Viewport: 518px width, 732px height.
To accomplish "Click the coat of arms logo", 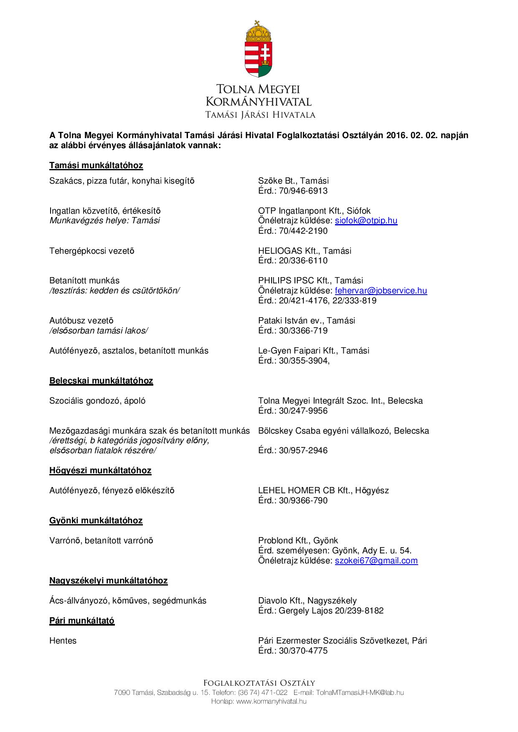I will (x=259, y=49).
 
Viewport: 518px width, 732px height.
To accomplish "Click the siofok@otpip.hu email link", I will (x=366, y=221).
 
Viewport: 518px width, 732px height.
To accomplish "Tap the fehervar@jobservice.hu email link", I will (x=381, y=290).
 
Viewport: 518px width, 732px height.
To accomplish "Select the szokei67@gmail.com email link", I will (x=376, y=560).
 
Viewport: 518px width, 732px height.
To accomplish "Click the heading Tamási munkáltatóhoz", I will (x=96, y=165).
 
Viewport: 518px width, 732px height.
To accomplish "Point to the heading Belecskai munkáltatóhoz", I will (x=101, y=381).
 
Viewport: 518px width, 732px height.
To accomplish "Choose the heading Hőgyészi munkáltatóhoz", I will (x=100, y=470).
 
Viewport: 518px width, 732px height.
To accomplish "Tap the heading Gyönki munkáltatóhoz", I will (x=96, y=520).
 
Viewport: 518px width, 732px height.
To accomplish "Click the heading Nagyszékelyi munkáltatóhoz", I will (x=109, y=581).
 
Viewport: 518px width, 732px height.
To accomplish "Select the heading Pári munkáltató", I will (x=82, y=621).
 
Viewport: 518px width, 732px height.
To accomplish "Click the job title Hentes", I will (x=63, y=641).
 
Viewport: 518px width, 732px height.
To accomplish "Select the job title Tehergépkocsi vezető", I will (x=92, y=251).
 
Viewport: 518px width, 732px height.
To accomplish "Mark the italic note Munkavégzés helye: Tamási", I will (x=104, y=221).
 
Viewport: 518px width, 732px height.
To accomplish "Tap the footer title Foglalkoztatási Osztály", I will (x=259, y=683).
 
